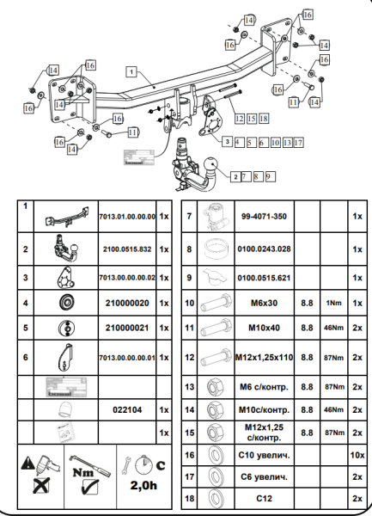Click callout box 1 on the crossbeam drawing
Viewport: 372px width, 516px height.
coord(131,72)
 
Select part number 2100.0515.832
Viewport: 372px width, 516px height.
coord(126,249)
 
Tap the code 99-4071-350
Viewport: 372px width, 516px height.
coord(264,218)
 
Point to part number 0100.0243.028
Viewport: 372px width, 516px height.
coord(264,249)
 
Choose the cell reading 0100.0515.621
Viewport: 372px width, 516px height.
coord(264,278)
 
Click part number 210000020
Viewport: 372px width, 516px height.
coord(126,304)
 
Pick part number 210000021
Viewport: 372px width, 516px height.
coord(126,329)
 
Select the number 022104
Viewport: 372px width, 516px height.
coord(126,410)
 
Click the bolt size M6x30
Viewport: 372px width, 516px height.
coord(264,304)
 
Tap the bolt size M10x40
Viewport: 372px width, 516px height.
coord(264,329)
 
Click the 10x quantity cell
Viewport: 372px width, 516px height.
coord(356,453)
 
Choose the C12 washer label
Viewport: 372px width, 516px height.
coord(264,498)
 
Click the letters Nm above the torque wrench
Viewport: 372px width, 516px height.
coord(84,472)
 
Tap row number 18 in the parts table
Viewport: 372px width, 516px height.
coord(189,498)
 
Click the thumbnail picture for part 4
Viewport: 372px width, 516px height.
coord(64,304)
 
